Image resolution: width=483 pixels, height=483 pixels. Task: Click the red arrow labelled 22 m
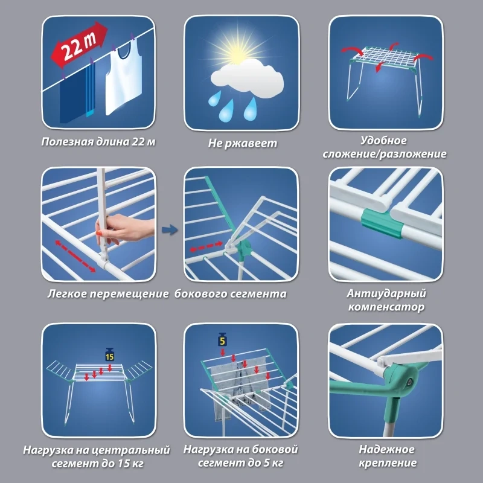79,44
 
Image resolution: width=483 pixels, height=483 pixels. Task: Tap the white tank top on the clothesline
124,77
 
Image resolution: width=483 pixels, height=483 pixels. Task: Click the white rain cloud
247,79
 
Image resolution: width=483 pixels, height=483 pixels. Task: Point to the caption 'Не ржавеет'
243,143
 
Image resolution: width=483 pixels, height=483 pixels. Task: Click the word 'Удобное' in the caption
383,141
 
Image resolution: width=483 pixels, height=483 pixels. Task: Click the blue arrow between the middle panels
170,230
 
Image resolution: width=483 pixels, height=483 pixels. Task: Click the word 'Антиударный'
386,293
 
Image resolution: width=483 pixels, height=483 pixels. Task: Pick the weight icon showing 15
110,354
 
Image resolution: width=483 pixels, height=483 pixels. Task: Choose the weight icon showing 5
222,339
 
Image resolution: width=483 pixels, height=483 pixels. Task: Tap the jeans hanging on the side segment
243,389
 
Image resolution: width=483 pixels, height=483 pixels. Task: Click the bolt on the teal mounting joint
409,382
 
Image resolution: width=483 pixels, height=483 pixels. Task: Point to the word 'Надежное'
386,449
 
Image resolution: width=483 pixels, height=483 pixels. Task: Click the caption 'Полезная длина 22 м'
98,142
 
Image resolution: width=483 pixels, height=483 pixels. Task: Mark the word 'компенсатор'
386,307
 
